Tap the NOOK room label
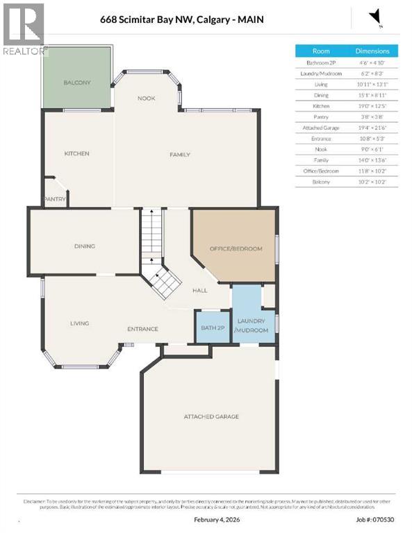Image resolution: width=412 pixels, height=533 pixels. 146,99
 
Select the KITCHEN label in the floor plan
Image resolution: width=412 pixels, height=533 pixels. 77,153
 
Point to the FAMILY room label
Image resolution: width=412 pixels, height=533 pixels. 180,155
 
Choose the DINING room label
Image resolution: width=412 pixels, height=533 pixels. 85,246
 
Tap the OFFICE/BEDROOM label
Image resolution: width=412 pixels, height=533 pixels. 236,248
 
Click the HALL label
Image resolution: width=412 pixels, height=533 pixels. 200,291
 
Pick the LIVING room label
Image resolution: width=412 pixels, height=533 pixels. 80,323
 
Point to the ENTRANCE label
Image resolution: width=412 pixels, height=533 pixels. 142,329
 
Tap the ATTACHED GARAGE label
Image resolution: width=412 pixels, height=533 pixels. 211,416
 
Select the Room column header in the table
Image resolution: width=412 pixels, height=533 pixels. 321,51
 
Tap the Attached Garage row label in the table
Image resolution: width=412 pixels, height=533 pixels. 321,128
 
